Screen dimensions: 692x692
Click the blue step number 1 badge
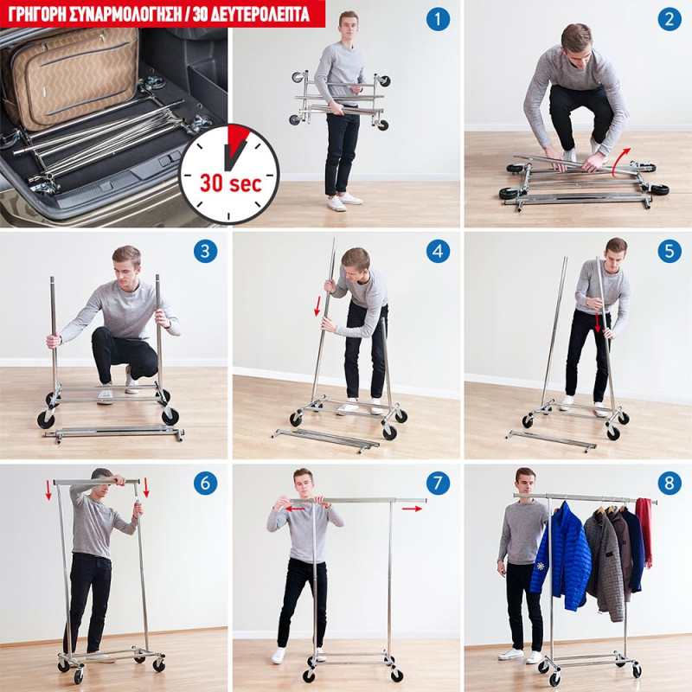coord(438,19)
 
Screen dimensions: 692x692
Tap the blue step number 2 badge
coord(669,19)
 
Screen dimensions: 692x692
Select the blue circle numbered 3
coord(205,251)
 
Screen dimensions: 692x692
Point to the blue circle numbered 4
coord(438,251)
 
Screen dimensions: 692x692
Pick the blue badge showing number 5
coord(669,251)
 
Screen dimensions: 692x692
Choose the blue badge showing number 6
coord(205,483)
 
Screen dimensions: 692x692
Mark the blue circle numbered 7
coord(438,483)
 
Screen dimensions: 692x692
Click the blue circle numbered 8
coord(669,483)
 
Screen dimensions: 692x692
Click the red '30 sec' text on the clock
coord(230,183)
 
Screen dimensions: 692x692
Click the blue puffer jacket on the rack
coord(561,556)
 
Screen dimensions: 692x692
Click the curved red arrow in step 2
coord(622,162)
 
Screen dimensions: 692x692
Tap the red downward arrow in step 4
coord(317,307)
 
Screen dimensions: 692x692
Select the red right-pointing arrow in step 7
coord(412,509)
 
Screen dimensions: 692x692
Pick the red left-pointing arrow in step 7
coord(295,509)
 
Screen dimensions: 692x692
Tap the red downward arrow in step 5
coord(598,323)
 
